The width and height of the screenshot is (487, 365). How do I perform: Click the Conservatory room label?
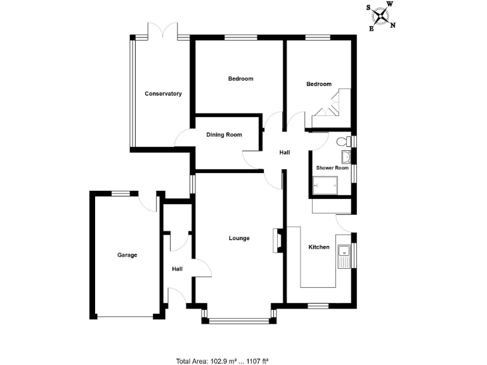pos(163,94)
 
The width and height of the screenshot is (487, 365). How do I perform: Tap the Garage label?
pos(127,255)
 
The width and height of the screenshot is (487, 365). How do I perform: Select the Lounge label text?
pos(239,238)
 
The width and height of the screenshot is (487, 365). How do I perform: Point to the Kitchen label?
pos(319,247)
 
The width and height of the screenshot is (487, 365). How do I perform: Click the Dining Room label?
pos(224,134)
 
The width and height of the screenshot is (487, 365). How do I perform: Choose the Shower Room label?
pos(333,168)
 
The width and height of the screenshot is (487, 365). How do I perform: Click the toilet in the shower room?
pos(344,141)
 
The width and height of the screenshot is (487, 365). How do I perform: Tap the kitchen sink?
pos(344,256)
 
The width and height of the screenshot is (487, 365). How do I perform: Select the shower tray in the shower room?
pos(325,186)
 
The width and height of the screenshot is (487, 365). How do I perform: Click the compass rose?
pos(381,15)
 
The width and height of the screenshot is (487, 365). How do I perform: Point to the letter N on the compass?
pos(393,25)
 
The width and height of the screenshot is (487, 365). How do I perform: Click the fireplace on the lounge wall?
pos(277,240)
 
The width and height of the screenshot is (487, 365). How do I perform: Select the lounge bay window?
pos(238,319)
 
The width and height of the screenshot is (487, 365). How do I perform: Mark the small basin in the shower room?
pos(346,158)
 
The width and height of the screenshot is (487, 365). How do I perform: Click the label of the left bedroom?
pos(240,79)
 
